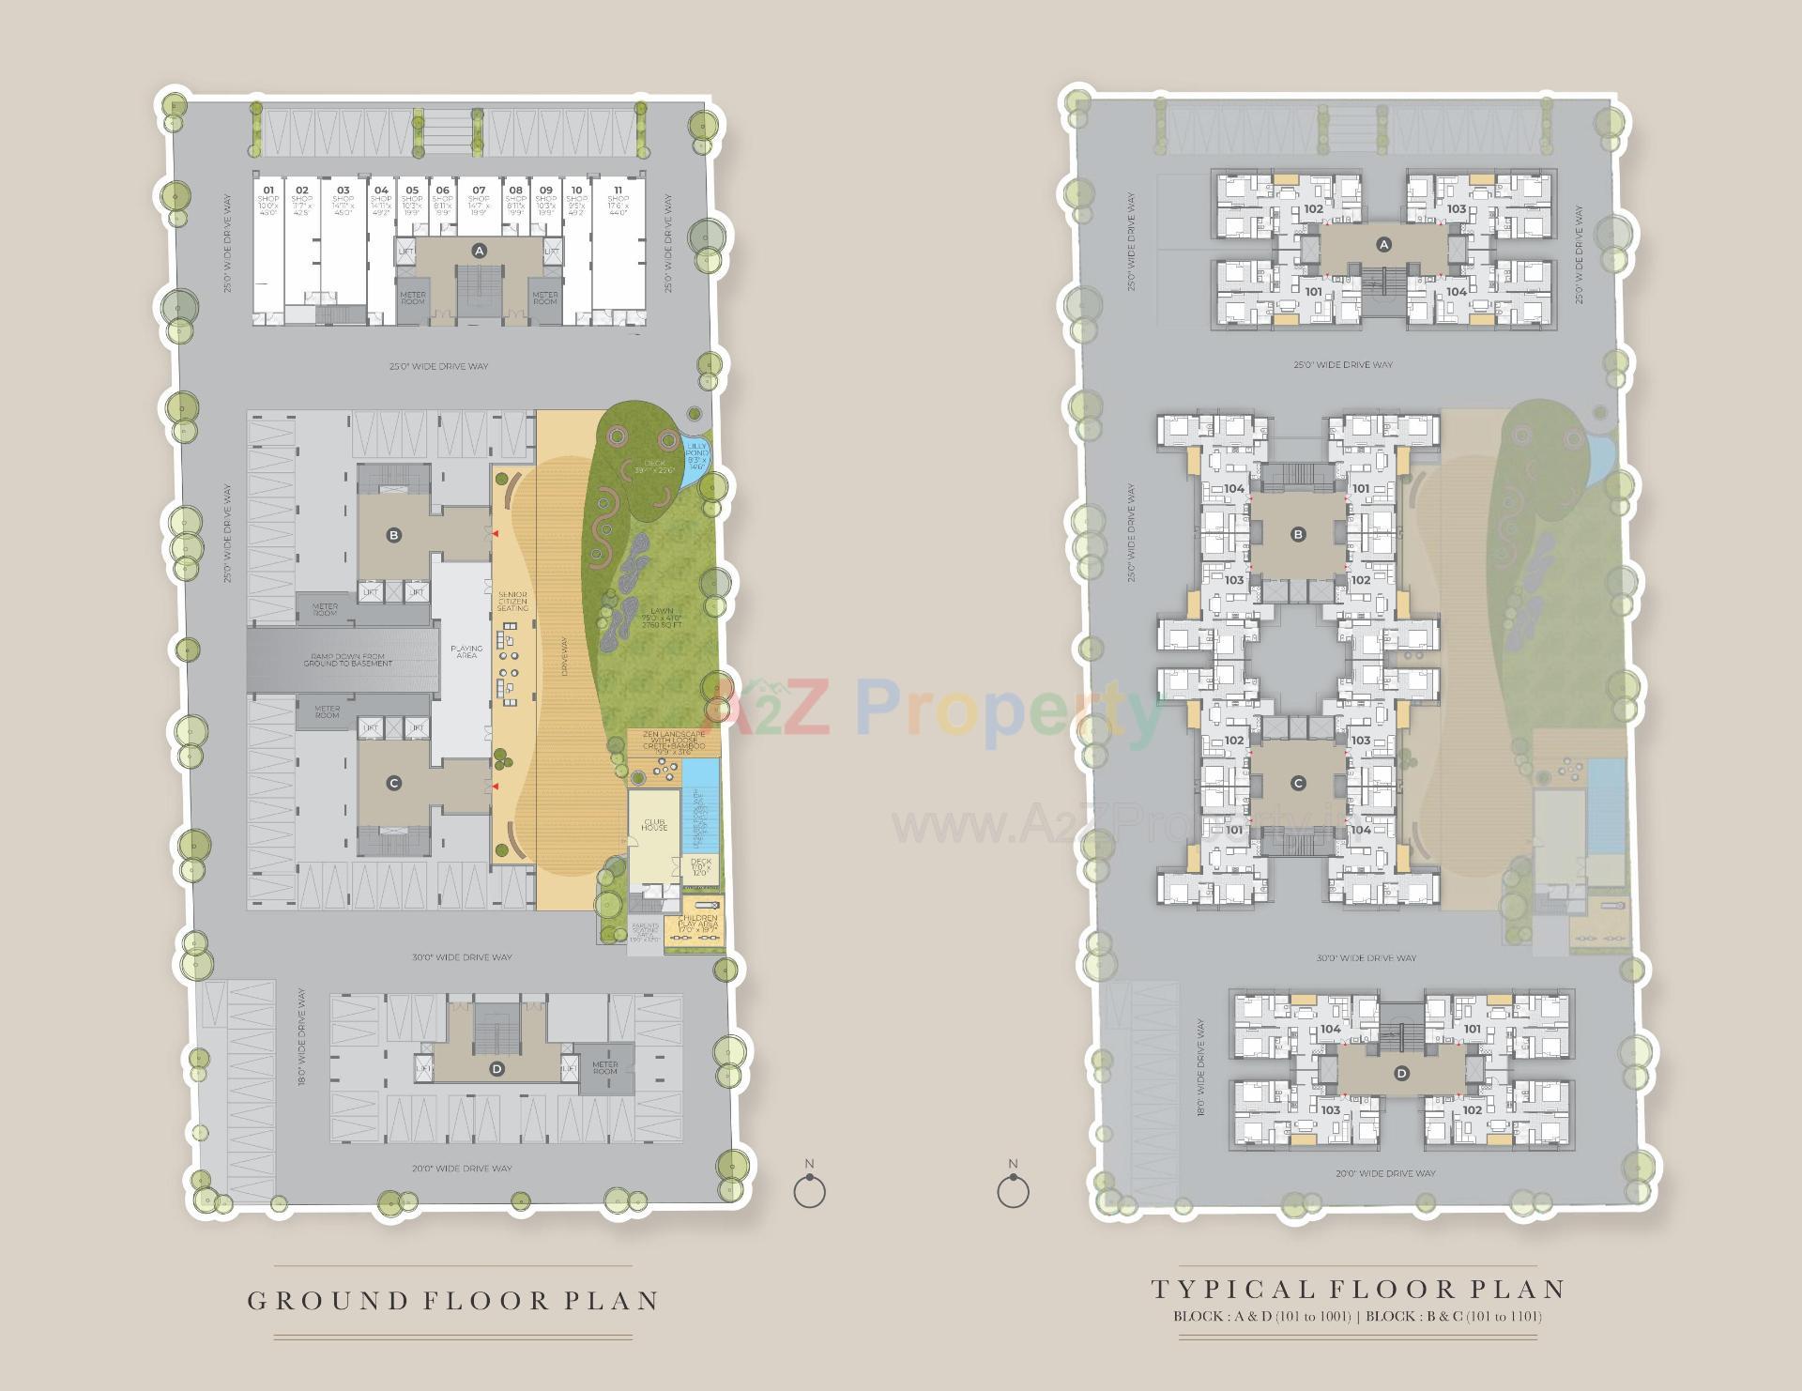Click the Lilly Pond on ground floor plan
(x=696, y=459)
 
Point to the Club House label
(x=654, y=824)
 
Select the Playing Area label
(x=466, y=651)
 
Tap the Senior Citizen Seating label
(x=512, y=601)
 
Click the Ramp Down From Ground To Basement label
(x=348, y=659)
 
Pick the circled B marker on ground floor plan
(x=394, y=535)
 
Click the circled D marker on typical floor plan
(x=1401, y=1073)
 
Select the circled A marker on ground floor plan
(x=480, y=250)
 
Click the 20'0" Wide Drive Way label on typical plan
(x=1386, y=1173)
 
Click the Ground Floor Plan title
(x=453, y=1300)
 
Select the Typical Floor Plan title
(x=1359, y=1289)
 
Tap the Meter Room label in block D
(x=605, y=1068)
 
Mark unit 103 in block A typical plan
(x=1456, y=209)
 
